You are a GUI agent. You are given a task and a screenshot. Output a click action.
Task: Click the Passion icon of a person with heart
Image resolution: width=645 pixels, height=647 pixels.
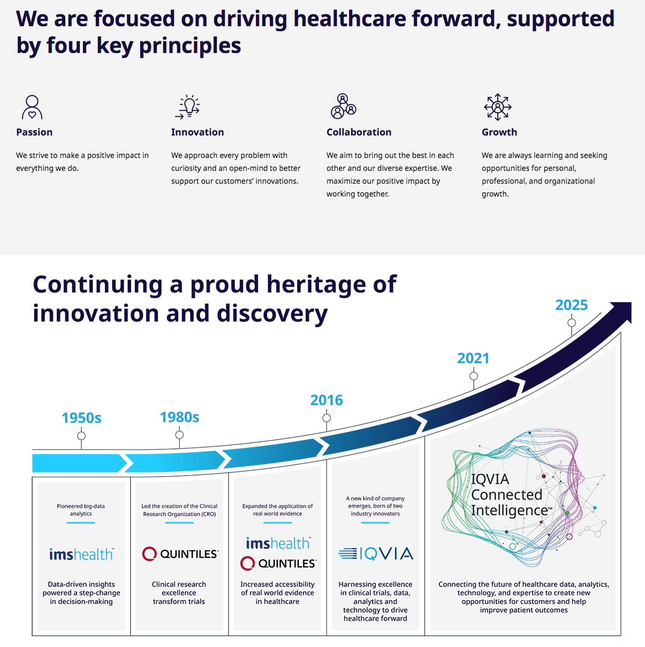32,107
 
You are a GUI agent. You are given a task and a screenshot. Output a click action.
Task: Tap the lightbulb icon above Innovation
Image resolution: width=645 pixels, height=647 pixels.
187,107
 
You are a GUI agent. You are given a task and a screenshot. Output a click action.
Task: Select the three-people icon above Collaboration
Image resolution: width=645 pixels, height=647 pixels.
343,106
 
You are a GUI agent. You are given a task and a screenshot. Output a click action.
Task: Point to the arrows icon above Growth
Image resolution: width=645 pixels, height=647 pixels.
498,107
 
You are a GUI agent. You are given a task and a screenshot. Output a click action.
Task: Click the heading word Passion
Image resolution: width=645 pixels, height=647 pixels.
34,132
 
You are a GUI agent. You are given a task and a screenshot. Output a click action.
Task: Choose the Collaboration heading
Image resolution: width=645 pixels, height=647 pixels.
359,132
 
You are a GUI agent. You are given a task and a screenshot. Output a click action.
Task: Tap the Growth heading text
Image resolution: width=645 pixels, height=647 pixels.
499,132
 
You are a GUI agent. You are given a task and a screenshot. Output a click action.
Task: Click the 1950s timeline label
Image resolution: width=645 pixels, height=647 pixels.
81,418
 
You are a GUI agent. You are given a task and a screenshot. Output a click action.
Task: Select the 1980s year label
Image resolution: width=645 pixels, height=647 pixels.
179,417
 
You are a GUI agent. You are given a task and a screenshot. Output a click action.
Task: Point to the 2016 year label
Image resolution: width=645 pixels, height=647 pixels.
327,400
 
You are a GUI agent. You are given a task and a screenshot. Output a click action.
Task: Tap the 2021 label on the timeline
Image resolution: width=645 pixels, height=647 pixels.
473,358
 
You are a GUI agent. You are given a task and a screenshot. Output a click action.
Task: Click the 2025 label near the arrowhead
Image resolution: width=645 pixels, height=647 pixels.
572,305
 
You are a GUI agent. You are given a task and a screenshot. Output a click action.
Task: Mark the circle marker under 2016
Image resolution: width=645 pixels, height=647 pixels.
327,418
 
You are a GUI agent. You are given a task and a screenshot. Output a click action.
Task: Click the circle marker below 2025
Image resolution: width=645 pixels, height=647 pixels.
572,322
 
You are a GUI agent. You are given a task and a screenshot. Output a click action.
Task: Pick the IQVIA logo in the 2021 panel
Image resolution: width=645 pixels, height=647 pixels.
376,554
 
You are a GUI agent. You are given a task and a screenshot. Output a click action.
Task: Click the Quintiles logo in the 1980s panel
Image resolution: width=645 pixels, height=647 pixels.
180,554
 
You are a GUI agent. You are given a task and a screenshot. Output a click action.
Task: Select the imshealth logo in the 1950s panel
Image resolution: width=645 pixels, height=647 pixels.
81,554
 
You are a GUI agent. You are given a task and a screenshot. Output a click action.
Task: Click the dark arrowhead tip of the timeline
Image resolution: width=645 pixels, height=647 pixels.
631,303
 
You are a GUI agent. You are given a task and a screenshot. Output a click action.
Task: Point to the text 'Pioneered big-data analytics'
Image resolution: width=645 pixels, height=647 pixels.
81,510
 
